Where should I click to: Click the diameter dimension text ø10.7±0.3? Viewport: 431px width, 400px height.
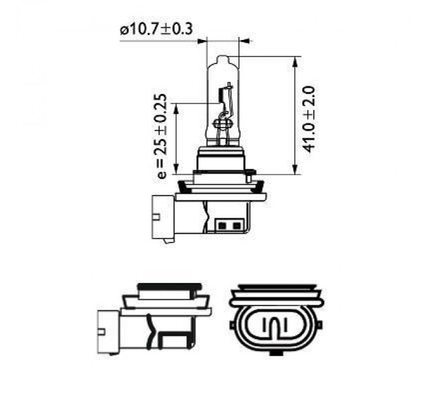pos(155,29)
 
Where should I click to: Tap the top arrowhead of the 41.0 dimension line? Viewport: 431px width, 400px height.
pos(295,61)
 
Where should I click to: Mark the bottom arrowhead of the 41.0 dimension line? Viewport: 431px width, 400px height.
pos(295,168)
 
